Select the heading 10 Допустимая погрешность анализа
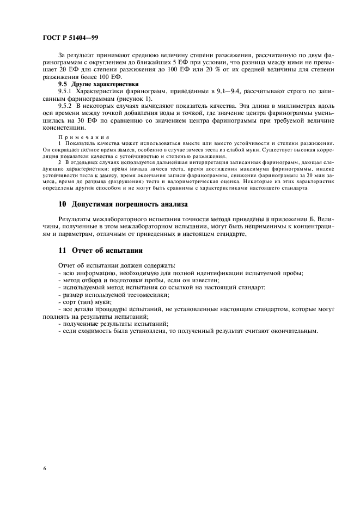(123, 204)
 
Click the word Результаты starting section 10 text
(76, 219)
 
